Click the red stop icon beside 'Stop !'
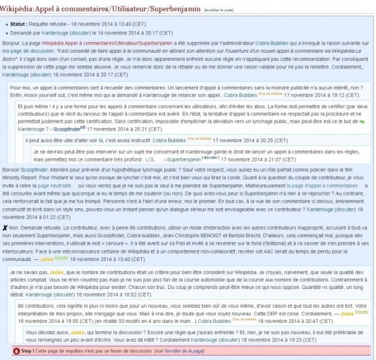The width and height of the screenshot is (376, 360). (16, 351)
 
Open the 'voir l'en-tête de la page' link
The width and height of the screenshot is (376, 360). (180, 351)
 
